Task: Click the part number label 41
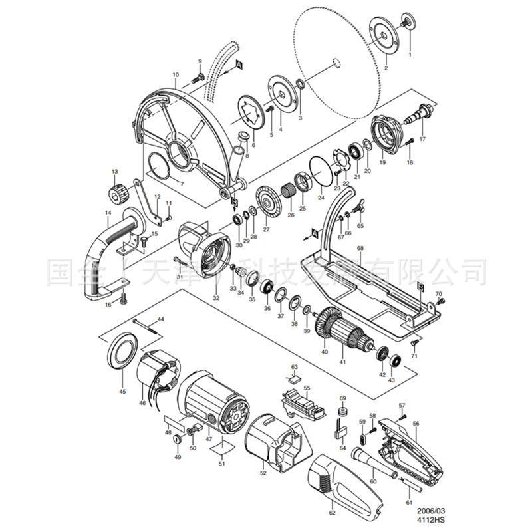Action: pyautogui.click(x=342, y=362)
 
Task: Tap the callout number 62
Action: pyautogui.click(x=332, y=513)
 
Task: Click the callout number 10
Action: pyautogui.click(x=176, y=74)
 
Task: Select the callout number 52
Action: pyautogui.click(x=263, y=473)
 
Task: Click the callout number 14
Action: pyautogui.click(x=108, y=213)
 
